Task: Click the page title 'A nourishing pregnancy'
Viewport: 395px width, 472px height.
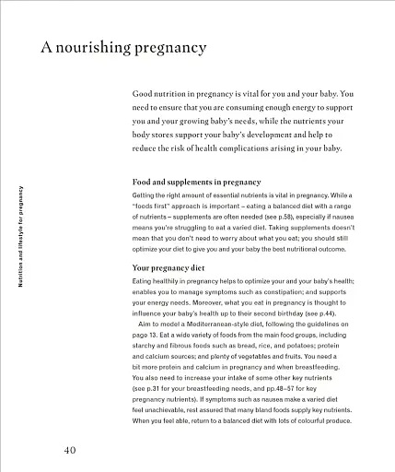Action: coord(122,47)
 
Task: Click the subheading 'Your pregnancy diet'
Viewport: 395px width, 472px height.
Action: coord(171,267)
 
